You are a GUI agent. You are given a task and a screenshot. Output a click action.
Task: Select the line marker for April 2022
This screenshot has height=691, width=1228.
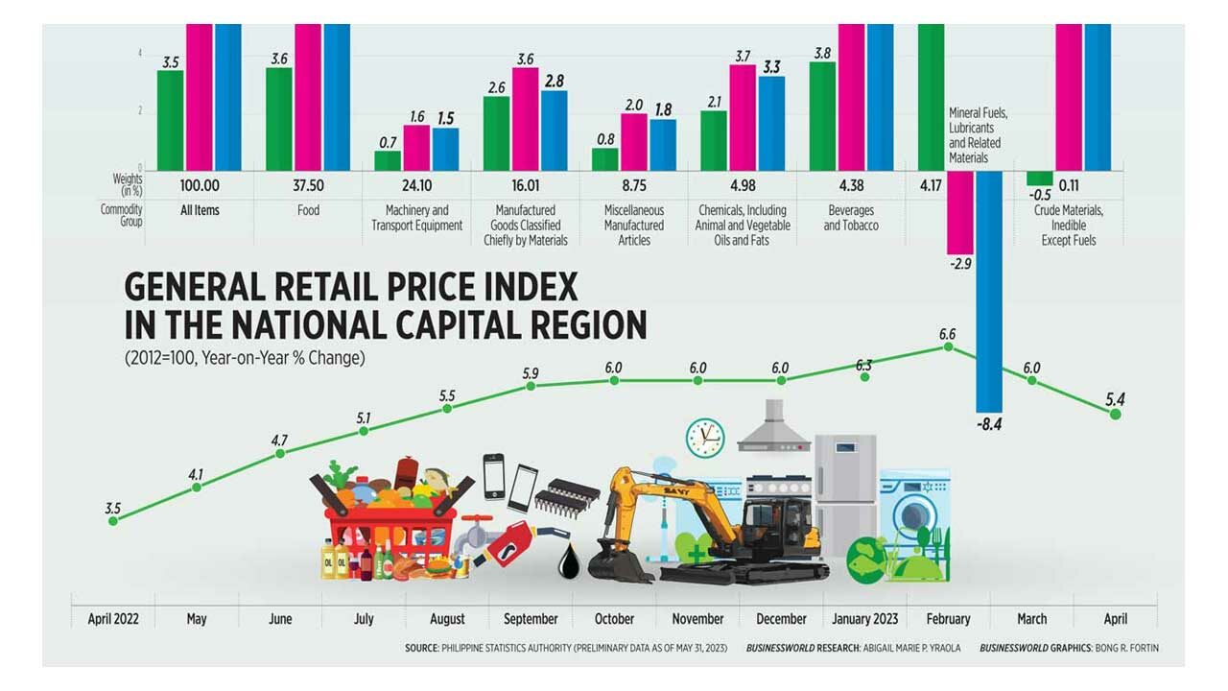coord(113,520)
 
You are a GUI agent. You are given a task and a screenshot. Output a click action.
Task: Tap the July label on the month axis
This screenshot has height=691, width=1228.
coord(364,619)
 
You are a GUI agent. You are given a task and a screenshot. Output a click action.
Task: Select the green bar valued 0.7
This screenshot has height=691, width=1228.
coord(389,160)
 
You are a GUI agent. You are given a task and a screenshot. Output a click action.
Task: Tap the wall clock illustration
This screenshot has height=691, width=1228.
coord(705,438)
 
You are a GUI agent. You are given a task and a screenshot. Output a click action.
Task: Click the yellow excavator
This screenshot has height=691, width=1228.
coord(710,528)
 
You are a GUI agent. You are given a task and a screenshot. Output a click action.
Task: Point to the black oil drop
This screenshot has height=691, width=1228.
coord(570,563)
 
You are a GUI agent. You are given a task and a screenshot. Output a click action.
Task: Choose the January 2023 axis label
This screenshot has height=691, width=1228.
coord(864,619)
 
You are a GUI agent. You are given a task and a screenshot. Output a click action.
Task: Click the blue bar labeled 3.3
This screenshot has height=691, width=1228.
coord(771,124)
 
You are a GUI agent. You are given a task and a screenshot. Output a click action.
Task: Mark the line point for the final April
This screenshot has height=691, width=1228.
coord(1115,413)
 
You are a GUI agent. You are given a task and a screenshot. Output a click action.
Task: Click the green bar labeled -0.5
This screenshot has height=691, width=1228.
coord(1039,179)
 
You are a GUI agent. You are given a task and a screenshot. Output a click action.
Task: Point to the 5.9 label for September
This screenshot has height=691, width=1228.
coord(530,372)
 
